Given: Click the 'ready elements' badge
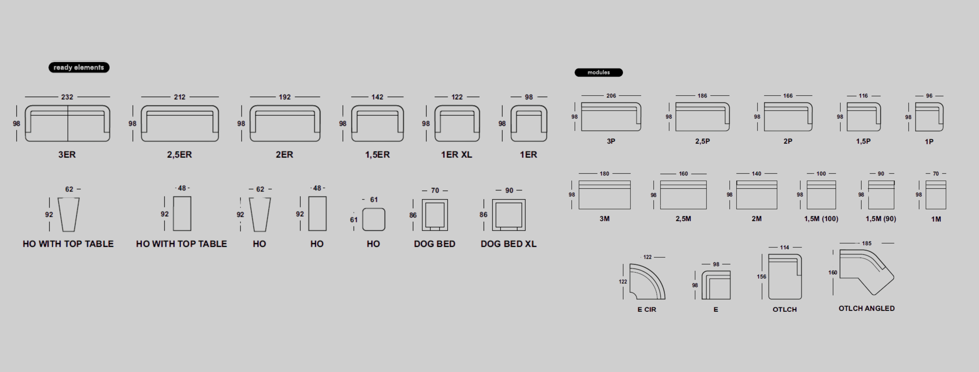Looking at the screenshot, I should click(x=79, y=67).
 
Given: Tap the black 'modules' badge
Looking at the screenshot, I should click(x=599, y=72).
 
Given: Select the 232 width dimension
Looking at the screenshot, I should click(x=67, y=97).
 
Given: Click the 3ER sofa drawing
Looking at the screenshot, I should click(x=67, y=124).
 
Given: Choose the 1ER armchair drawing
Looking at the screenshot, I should click(x=529, y=124).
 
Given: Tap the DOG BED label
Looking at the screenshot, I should click(x=434, y=244).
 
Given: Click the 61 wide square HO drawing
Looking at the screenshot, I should click(x=373, y=219).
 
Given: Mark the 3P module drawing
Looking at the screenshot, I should click(x=611, y=117).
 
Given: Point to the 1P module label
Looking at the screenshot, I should click(x=929, y=142).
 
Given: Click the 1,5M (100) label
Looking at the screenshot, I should click(x=821, y=219).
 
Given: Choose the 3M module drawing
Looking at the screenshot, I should click(x=604, y=195).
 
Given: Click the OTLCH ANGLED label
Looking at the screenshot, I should click(x=867, y=308).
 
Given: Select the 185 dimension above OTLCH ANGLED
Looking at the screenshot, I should click(x=867, y=243).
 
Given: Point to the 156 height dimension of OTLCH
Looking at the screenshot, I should click(x=761, y=277).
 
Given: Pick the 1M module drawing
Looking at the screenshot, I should click(x=936, y=195).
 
